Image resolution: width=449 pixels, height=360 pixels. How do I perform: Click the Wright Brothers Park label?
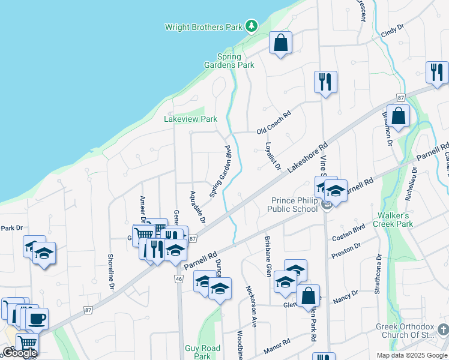click(x=203, y=26)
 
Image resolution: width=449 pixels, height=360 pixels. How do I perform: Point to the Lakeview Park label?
click(x=190, y=119)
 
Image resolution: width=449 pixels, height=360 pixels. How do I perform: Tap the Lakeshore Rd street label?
click(x=308, y=158)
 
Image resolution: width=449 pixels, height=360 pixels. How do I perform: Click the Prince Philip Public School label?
click(x=295, y=205)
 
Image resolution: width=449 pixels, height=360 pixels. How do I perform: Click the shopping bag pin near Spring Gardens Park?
click(x=280, y=43)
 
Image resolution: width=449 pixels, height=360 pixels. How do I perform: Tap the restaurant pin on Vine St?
click(x=325, y=81)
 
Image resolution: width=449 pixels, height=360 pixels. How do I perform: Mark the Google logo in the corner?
click(x=19, y=353)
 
